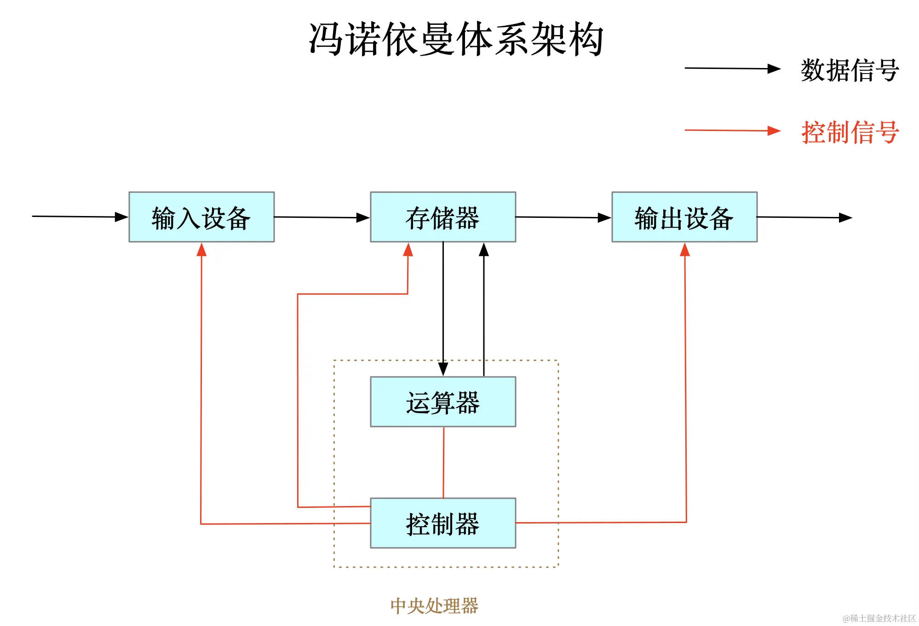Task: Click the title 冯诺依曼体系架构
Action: coord(455,40)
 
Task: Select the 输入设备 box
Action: coord(201,217)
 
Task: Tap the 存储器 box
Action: coord(442,217)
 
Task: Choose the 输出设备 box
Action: coord(684,217)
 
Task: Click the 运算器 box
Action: coord(442,402)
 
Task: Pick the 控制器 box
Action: coord(442,523)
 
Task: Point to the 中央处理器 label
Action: coord(434,606)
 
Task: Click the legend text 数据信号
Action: coord(850,70)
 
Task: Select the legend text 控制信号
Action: coord(850,132)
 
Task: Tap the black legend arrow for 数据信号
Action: coord(732,68)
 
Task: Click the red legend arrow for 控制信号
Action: coord(732,131)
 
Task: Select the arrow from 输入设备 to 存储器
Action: coord(322,217)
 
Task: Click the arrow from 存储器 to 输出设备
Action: coord(563,217)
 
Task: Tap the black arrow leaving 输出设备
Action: coord(804,217)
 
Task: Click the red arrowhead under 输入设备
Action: coord(201,250)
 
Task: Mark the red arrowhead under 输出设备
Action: coord(685,250)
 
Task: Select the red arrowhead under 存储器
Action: coord(408,250)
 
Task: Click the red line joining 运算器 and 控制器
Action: coord(443,462)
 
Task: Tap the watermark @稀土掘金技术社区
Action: coord(879,618)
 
